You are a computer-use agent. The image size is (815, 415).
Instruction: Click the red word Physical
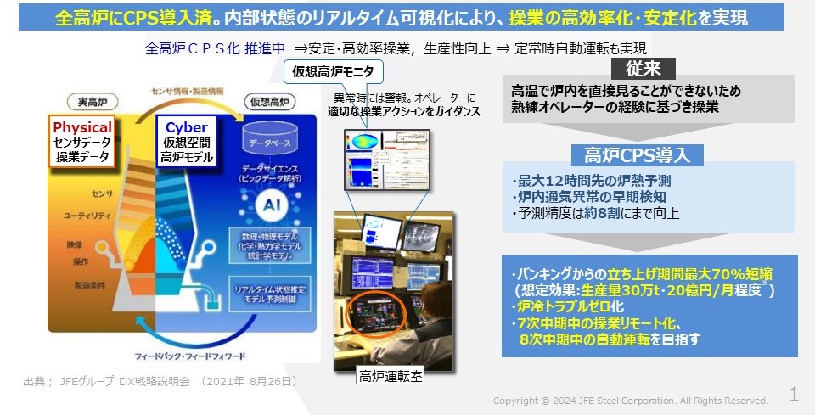click(x=82, y=127)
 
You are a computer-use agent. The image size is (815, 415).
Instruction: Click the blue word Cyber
click(x=186, y=127)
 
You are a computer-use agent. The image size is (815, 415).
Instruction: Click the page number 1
click(x=794, y=394)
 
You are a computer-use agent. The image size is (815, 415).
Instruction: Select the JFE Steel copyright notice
click(x=631, y=401)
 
